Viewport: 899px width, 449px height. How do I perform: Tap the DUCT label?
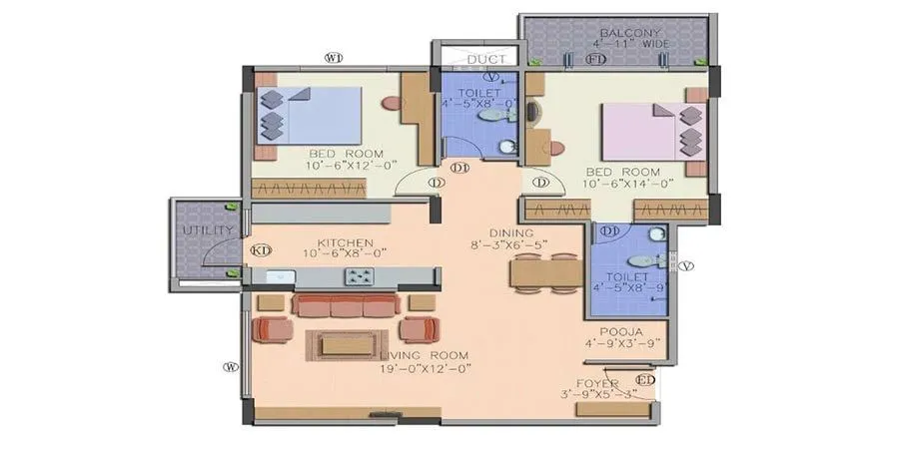pyautogui.click(x=474, y=59)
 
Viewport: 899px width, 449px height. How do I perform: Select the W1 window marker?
pyautogui.click(x=334, y=58)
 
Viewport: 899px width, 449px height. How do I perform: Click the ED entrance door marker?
pyautogui.click(x=645, y=380)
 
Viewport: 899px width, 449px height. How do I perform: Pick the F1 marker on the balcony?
pyautogui.click(x=596, y=60)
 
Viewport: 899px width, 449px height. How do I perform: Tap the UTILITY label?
pyautogui.click(x=208, y=230)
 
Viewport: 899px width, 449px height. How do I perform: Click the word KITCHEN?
pyautogui.click(x=345, y=242)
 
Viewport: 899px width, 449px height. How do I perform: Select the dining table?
pyautogui.click(x=545, y=272)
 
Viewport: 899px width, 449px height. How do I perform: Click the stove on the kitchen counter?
pyautogui.click(x=359, y=276)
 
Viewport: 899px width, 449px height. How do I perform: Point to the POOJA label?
pyautogui.click(x=620, y=332)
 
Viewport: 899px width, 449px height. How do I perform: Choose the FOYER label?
pyautogui.click(x=598, y=383)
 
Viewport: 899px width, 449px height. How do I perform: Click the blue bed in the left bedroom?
pyautogui.click(x=309, y=115)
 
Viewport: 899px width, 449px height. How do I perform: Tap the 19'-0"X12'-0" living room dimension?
pyautogui.click(x=425, y=368)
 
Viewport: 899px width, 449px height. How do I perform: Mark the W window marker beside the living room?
pyautogui.click(x=231, y=366)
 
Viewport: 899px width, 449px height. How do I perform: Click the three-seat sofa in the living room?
pyautogui.click(x=346, y=305)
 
